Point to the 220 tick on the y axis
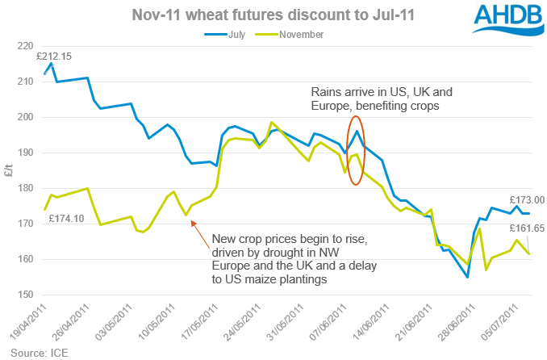(x=21, y=46)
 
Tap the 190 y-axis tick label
(x=21, y=153)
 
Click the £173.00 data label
(x=527, y=199)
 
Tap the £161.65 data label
(x=527, y=228)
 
